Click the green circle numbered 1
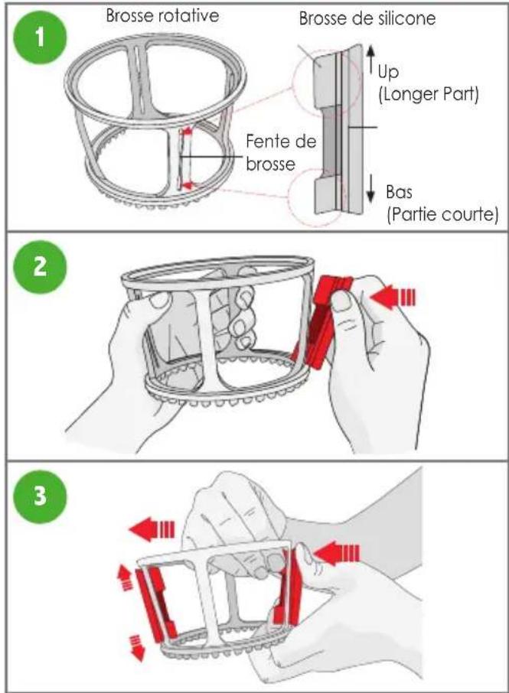point(41,37)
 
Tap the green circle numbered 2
point(41,266)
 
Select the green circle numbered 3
point(41,495)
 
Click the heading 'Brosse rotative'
point(162,16)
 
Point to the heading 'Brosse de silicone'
point(367,18)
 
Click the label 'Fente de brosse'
point(281,152)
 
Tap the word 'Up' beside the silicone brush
point(388,72)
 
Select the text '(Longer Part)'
point(429,94)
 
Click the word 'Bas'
point(399,193)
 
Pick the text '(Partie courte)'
point(442,215)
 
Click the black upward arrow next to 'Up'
point(370,59)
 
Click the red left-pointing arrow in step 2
point(393,298)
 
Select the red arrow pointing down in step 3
point(137,649)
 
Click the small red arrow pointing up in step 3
point(125,578)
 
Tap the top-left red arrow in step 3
point(152,529)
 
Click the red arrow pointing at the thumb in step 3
point(336,553)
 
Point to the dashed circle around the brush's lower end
point(315,200)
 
